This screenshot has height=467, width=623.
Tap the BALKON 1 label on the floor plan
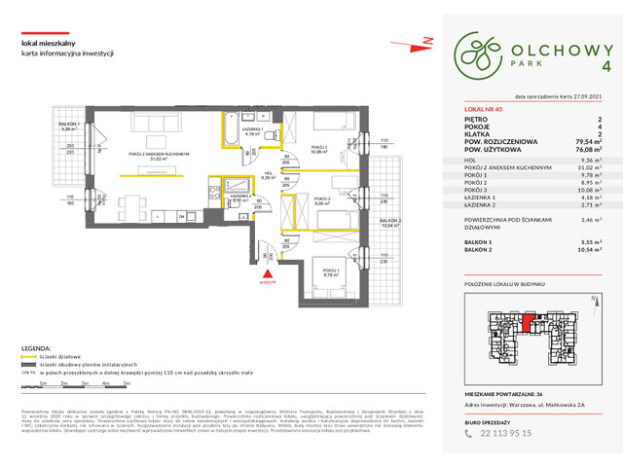[69, 126]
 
